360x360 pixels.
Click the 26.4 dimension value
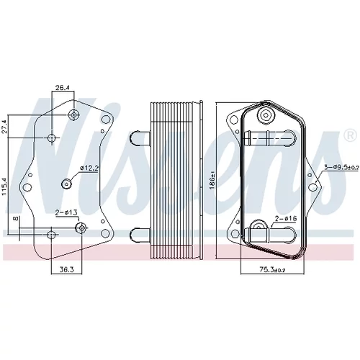63,88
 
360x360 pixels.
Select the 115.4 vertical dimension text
5,186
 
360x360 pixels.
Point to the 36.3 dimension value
67,269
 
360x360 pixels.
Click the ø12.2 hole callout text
89,168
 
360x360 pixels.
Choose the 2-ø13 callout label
66,212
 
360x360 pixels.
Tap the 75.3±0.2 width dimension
272,270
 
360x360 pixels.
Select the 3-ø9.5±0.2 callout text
341,168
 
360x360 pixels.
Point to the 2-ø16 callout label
286,218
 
